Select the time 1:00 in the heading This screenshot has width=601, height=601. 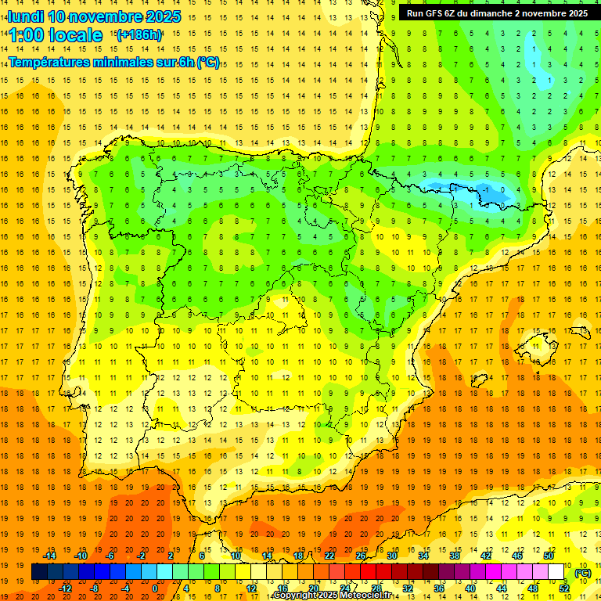(x=25, y=35)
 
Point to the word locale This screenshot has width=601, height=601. (x=75, y=35)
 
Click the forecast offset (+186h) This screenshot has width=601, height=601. (x=139, y=35)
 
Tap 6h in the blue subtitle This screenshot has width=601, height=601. (x=185, y=62)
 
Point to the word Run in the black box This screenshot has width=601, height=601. (x=416, y=13)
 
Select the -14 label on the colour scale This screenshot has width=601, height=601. (x=50, y=556)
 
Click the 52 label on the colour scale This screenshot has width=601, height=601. (x=564, y=588)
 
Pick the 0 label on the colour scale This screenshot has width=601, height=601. (x=155, y=588)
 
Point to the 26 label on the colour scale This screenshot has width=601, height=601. (x=361, y=556)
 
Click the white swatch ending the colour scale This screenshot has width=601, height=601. (x=556, y=572)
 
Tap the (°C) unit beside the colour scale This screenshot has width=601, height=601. (x=583, y=573)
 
